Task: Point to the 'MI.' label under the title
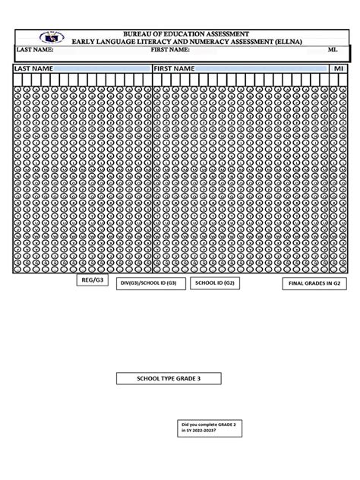click(x=333, y=50)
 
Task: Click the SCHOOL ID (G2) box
click(x=214, y=283)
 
